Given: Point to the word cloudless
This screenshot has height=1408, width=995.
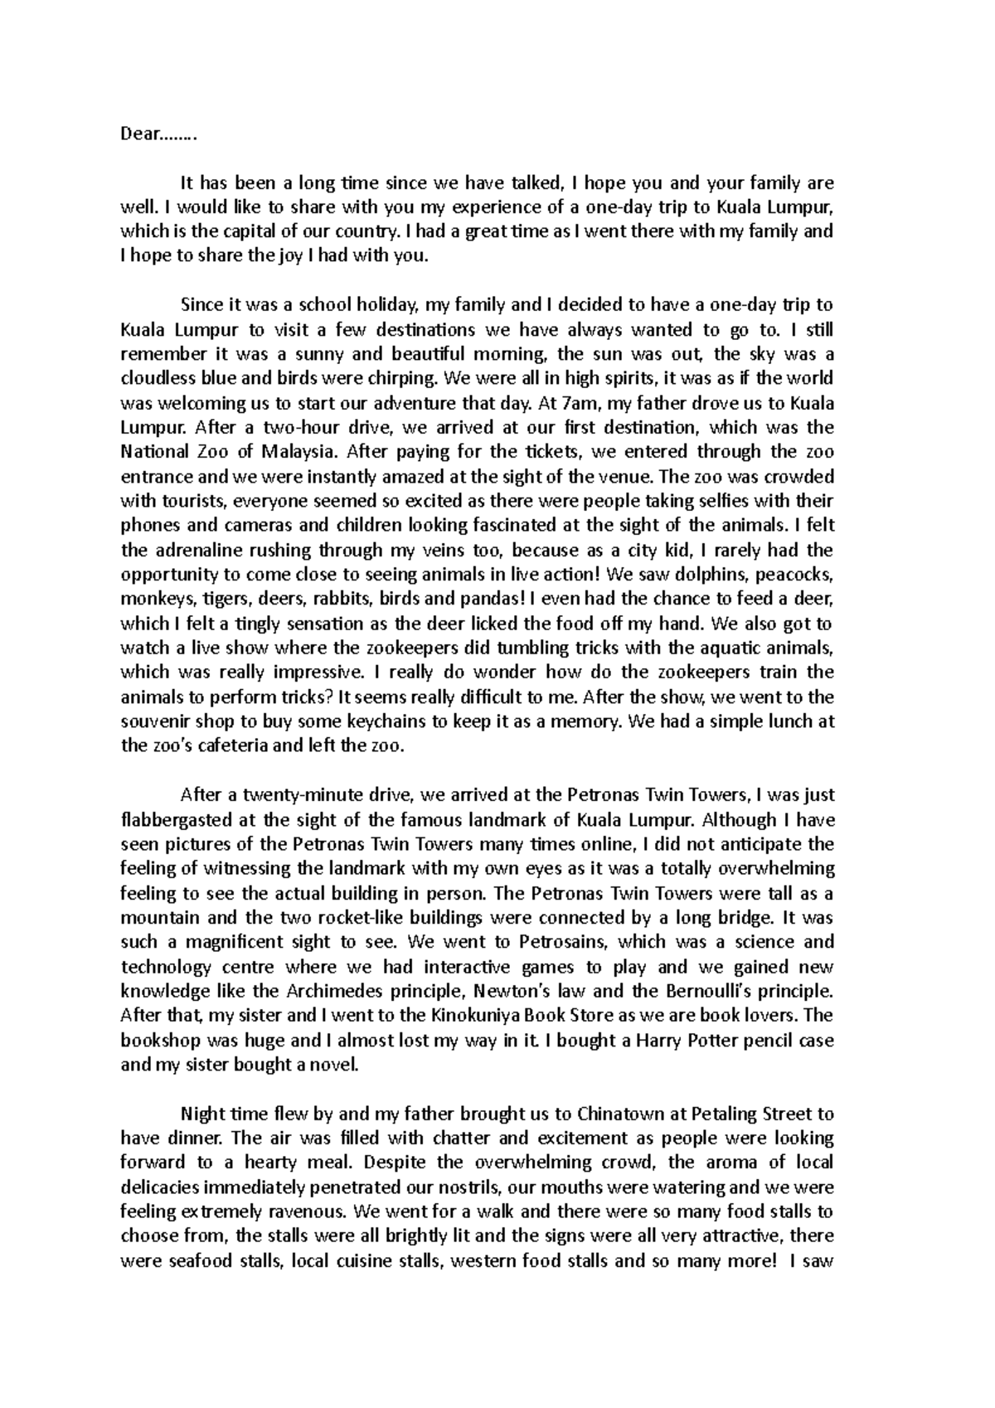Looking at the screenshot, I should pyautogui.click(x=163, y=378).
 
